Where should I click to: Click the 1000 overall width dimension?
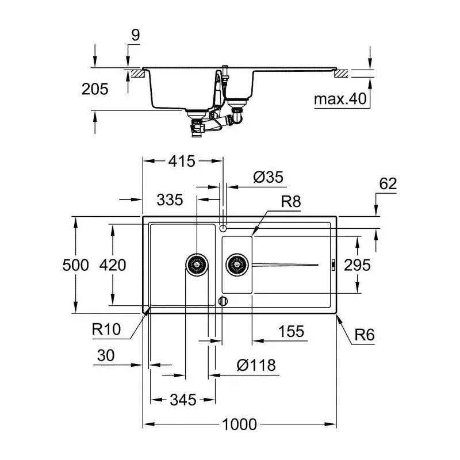[239, 424]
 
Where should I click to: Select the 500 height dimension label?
[75, 265]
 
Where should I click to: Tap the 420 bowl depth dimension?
[113, 265]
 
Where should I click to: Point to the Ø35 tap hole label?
[268, 177]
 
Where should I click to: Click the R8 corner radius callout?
[291, 202]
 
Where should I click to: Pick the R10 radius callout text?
[106, 329]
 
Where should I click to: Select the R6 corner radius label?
[365, 335]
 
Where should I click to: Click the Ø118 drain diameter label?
[256, 366]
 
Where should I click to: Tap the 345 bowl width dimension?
[183, 400]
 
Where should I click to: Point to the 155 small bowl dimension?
[291, 332]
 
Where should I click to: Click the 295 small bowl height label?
[357, 265]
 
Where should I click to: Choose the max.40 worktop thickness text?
[340, 99]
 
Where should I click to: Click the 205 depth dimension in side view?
[95, 89]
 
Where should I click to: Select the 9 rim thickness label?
[136, 35]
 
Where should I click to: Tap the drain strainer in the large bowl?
[197, 265]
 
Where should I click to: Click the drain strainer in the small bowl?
[237, 265]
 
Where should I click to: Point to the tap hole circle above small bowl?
[223, 228]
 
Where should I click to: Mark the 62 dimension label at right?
[388, 183]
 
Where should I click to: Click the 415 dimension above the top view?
[182, 161]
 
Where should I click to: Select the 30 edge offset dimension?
[106, 355]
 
